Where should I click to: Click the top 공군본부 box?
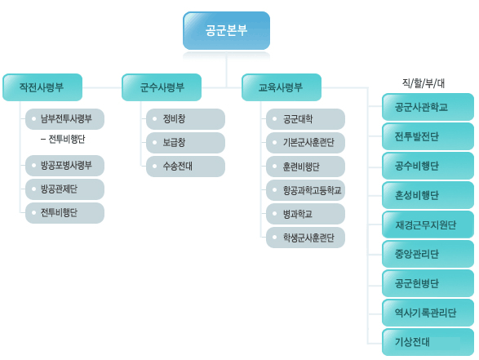tap(226, 30)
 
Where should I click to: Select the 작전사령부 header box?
tap(42, 87)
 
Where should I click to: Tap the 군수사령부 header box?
tap(162, 87)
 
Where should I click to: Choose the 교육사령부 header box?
tap(282, 87)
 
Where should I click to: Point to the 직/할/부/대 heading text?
tap(423, 83)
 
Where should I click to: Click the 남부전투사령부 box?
tap(64, 119)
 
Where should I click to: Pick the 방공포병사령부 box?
tap(64, 166)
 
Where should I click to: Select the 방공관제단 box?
tap(64, 189)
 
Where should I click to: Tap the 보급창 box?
tap(185, 143)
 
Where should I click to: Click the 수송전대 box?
tap(185, 167)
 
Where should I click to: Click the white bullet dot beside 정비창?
tap(154, 118)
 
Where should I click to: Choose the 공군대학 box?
tap(305, 119)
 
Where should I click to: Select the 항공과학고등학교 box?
tap(305, 190)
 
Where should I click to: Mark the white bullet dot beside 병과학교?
tap(275, 214)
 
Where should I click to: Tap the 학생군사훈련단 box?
tap(305, 238)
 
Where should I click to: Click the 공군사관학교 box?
tap(428, 107)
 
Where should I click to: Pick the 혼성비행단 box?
tap(428, 195)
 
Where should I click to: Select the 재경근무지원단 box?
tap(428, 224)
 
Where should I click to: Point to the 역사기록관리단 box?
tap(428, 313)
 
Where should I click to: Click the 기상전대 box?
tap(428, 342)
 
